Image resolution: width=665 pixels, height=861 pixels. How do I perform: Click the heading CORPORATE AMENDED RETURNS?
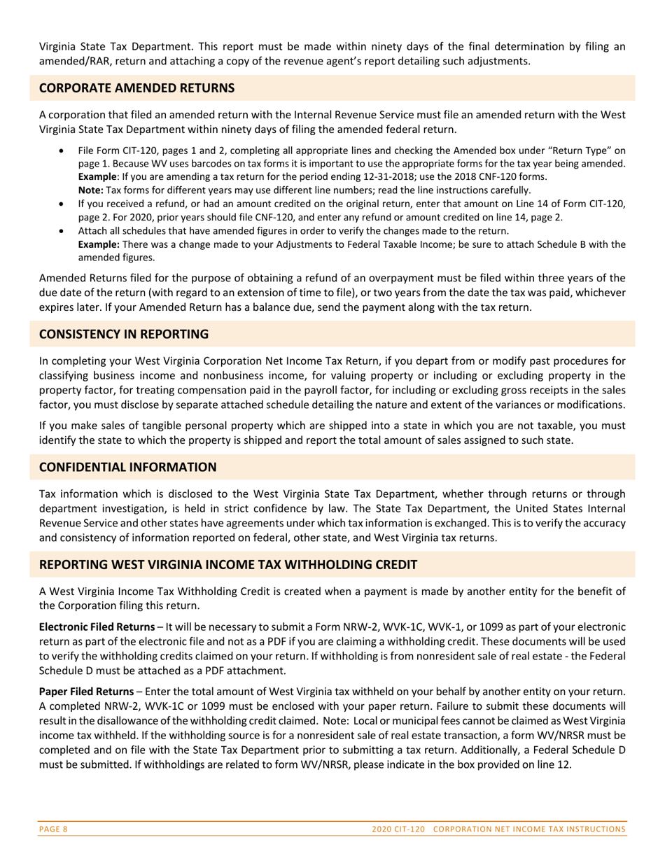[136, 88]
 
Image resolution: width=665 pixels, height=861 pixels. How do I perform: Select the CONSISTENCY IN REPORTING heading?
[124, 335]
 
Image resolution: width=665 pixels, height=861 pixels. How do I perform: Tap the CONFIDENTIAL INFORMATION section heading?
[127, 467]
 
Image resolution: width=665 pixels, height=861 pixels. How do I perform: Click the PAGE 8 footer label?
[53, 829]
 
